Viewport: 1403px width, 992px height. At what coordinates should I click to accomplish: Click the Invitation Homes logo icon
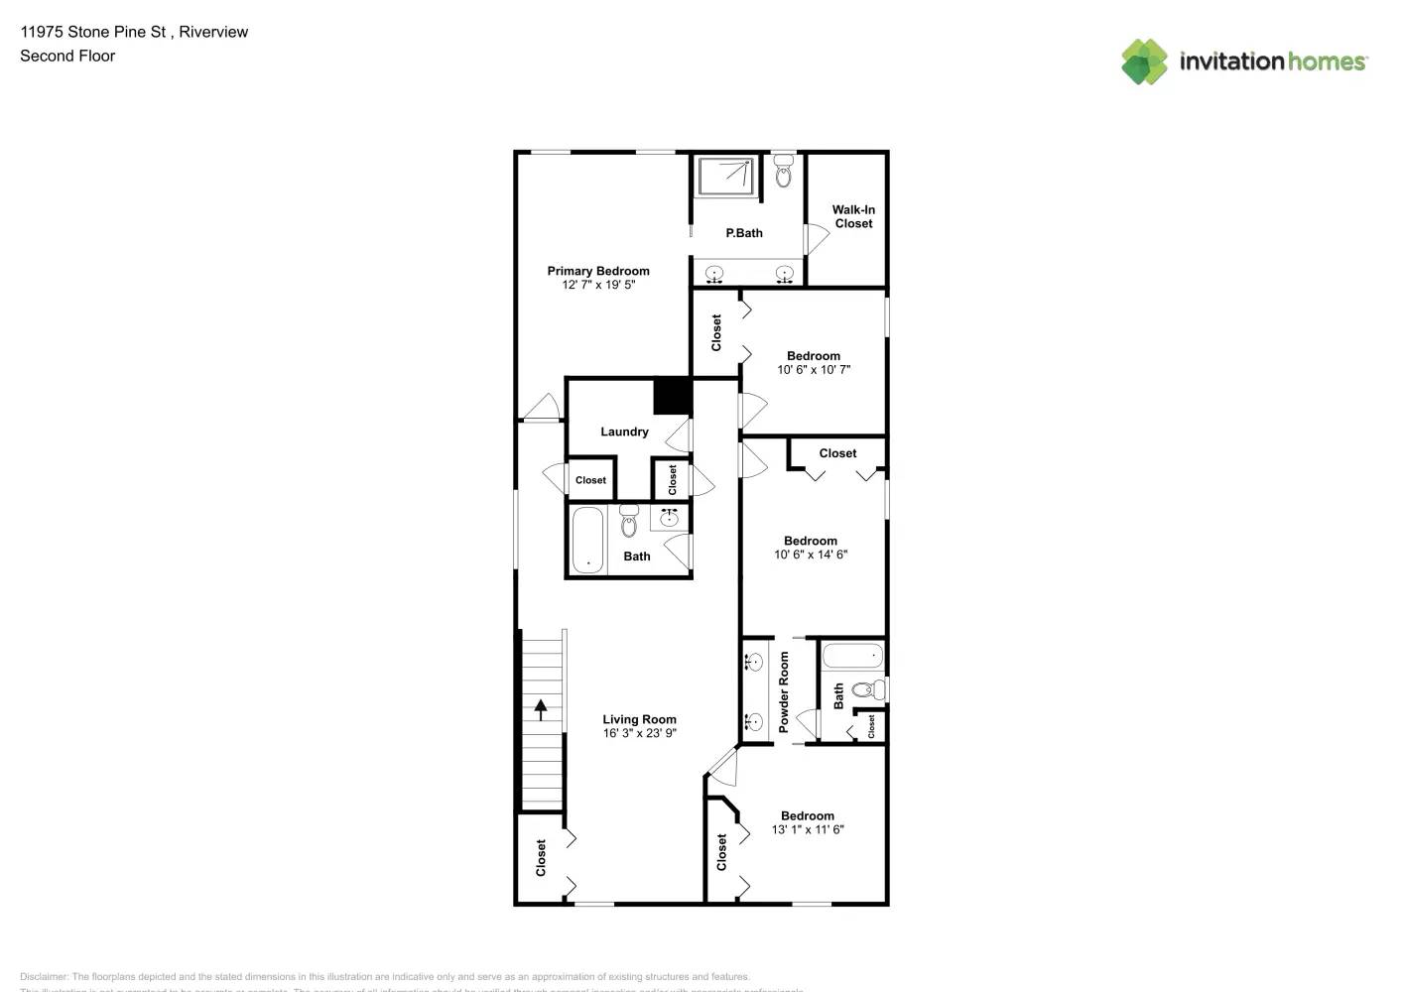pos(1144,62)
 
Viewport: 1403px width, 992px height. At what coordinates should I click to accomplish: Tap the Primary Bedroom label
pos(598,271)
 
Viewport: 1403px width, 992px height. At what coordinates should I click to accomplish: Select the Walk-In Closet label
pos(853,216)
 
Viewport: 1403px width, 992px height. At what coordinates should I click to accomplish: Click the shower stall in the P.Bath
pos(725,176)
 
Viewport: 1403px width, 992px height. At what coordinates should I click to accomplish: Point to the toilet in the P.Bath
pos(783,172)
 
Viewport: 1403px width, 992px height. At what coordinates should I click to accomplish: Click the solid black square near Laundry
pos(672,396)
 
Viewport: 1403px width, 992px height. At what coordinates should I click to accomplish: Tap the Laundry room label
pos(624,432)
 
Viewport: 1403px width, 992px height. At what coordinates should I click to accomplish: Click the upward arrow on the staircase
pos(541,708)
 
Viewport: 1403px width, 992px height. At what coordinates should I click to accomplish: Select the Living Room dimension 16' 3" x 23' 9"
pos(639,733)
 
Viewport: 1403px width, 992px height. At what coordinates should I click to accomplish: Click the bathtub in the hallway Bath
pos(587,540)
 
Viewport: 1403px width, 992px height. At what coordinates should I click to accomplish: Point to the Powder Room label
pos(784,691)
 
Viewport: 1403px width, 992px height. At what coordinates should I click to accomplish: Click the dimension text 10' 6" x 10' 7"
pos(813,370)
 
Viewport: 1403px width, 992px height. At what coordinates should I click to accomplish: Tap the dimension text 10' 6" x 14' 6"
pos(811,555)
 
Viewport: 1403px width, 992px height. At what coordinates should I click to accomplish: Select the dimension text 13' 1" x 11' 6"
pos(808,829)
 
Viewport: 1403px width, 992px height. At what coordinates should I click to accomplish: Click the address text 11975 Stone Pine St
pos(93,32)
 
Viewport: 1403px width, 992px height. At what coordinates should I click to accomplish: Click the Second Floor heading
pos(67,56)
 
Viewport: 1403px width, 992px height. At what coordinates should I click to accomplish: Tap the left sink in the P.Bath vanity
pos(714,274)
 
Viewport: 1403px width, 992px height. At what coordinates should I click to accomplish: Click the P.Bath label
pos(744,233)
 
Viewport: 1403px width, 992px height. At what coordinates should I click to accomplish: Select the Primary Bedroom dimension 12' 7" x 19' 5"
pos(598,285)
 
